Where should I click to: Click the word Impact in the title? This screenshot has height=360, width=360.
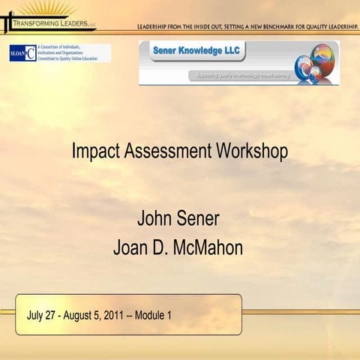tap(93, 151)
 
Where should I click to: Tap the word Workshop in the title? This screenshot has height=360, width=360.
tap(250, 151)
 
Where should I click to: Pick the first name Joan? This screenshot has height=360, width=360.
tap(130, 247)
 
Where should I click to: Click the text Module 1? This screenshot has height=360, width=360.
tap(153, 315)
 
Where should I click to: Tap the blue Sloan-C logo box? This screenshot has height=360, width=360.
tap(22, 53)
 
